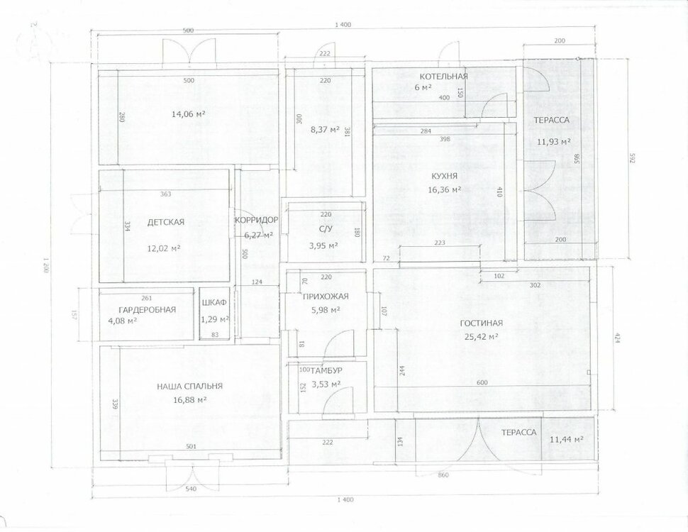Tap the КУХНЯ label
pyautogui.click(x=444, y=176)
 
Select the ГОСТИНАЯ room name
pyautogui.click(x=482, y=323)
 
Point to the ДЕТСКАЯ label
pyautogui.click(x=165, y=222)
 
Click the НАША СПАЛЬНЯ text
pyautogui.click(x=190, y=387)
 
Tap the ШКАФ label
pyautogui.click(x=214, y=303)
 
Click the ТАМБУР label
pyautogui.click(x=326, y=371)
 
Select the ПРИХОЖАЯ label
pyautogui.click(x=326, y=297)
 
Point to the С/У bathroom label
pyautogui.click(x=324, y=228)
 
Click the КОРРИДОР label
pyautogui.click(x=256, y=220)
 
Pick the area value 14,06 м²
pyautogui.click(x=189, y=114)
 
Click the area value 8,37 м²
pyautogui.click(x=325, y=130)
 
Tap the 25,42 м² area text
pyautogui.click(x=482, y=337)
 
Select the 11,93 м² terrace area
pyautogui.click(x=554, y=141)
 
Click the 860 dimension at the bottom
pyautogui.click(x=443, y=475)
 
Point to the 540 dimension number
pyautogui.click(x=191, y=489)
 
